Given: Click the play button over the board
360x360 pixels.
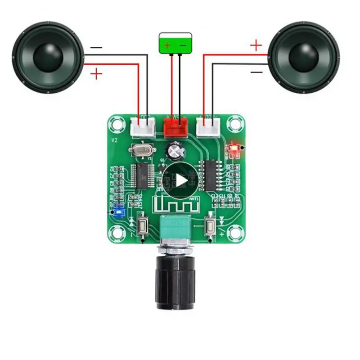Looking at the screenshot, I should pos(180,180).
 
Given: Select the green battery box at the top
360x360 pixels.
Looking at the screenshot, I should pos(175,44).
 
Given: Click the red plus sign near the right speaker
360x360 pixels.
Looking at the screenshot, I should pos(256,45).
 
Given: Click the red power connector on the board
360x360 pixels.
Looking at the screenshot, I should pos(175,127).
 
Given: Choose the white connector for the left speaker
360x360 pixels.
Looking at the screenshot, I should pos(143,126).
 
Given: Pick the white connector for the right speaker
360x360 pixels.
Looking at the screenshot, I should pos(208,126).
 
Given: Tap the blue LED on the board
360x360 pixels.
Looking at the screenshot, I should pos(119,211).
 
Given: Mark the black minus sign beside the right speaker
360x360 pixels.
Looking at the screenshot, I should pos(256,72).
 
